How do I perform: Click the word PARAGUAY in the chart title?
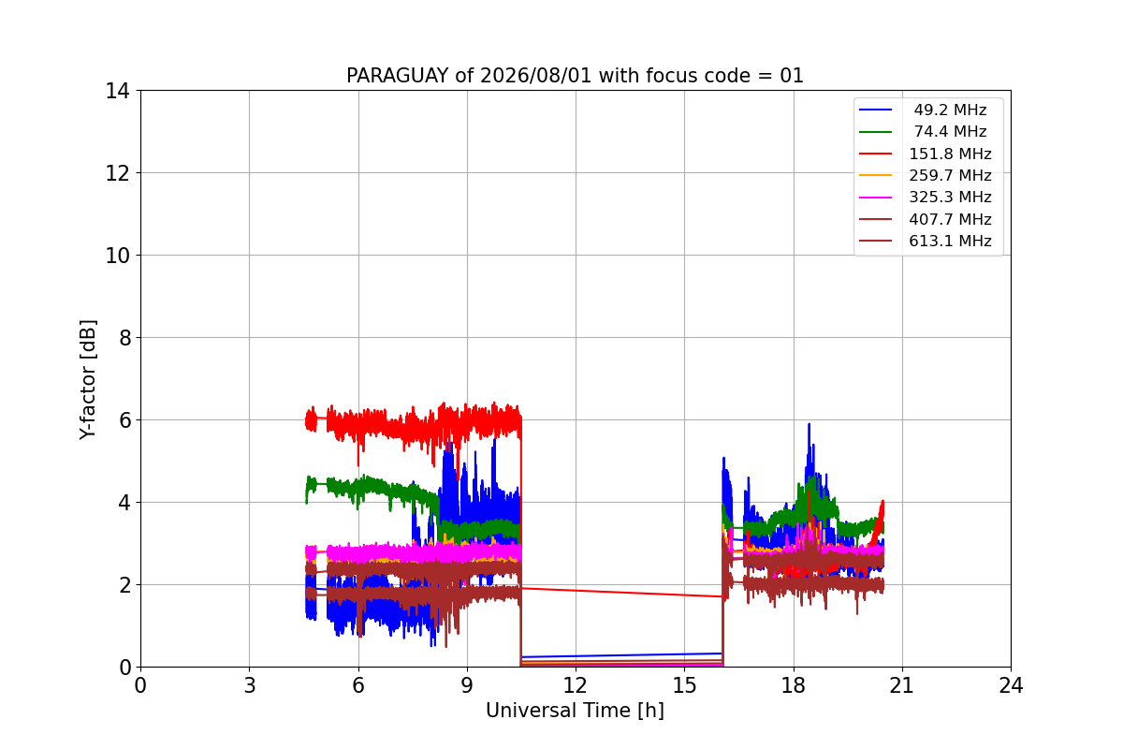pos(398,76)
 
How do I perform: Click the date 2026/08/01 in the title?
pos(536,76)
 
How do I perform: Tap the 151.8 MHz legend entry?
pos(926,154)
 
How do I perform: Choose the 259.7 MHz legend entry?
pos(926,175)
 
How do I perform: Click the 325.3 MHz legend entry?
pos(926,198)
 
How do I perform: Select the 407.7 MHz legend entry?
pos(926,219)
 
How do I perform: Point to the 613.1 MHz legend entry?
pos(926,241)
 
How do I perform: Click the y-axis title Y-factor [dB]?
pos(88,380)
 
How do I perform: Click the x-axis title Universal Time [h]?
pos(575,711)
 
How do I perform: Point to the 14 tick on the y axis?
pos(117,91)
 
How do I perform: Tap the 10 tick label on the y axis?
pos(117,256)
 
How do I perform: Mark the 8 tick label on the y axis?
pos(124,338)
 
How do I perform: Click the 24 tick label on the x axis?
pos(1011,685)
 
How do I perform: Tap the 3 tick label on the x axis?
pos(250,685)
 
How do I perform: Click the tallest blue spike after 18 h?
pos(809,424)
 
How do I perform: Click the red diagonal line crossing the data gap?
pos(621,592)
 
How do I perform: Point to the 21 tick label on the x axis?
pos(902,685)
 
